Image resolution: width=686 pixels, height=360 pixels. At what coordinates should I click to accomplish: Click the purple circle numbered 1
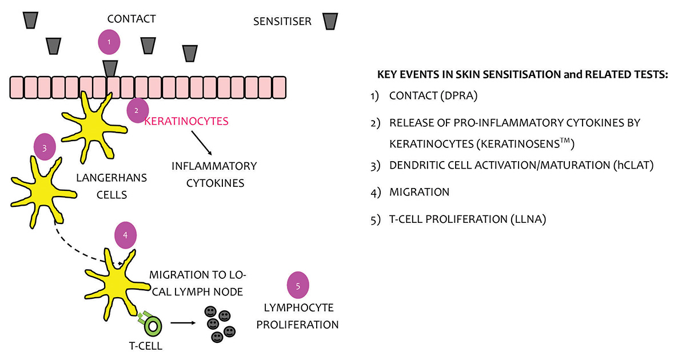(x=109, y=42)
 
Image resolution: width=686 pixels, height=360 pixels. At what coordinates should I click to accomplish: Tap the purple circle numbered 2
(x=136, y=111)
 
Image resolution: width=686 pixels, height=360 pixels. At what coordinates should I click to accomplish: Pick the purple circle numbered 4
(x=126, y=235)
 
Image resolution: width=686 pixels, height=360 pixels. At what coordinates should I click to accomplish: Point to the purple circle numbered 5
(x=297, y=286)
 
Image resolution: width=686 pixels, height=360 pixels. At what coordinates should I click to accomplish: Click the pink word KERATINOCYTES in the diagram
(x=186, y=121)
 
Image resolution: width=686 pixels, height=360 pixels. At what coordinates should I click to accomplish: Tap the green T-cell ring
(x=153, y=325)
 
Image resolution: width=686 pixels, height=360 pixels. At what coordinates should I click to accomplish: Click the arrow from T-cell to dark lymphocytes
(x=182, y=323)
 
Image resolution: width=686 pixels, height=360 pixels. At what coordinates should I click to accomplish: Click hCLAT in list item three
(x=636, y=165)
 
